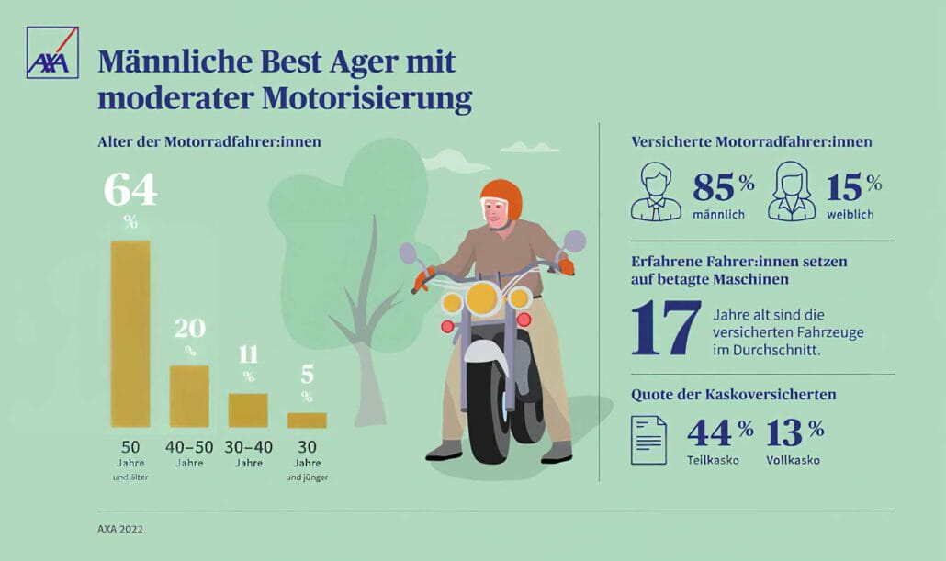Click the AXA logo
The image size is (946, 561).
52,52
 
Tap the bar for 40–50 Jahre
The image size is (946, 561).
189,396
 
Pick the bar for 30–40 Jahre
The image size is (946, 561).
248,410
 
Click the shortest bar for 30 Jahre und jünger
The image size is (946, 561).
307,420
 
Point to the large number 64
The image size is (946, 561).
130,189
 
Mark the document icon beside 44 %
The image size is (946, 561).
648,439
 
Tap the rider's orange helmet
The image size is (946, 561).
500,196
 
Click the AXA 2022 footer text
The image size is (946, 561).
120,529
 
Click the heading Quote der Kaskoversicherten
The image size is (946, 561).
733,395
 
